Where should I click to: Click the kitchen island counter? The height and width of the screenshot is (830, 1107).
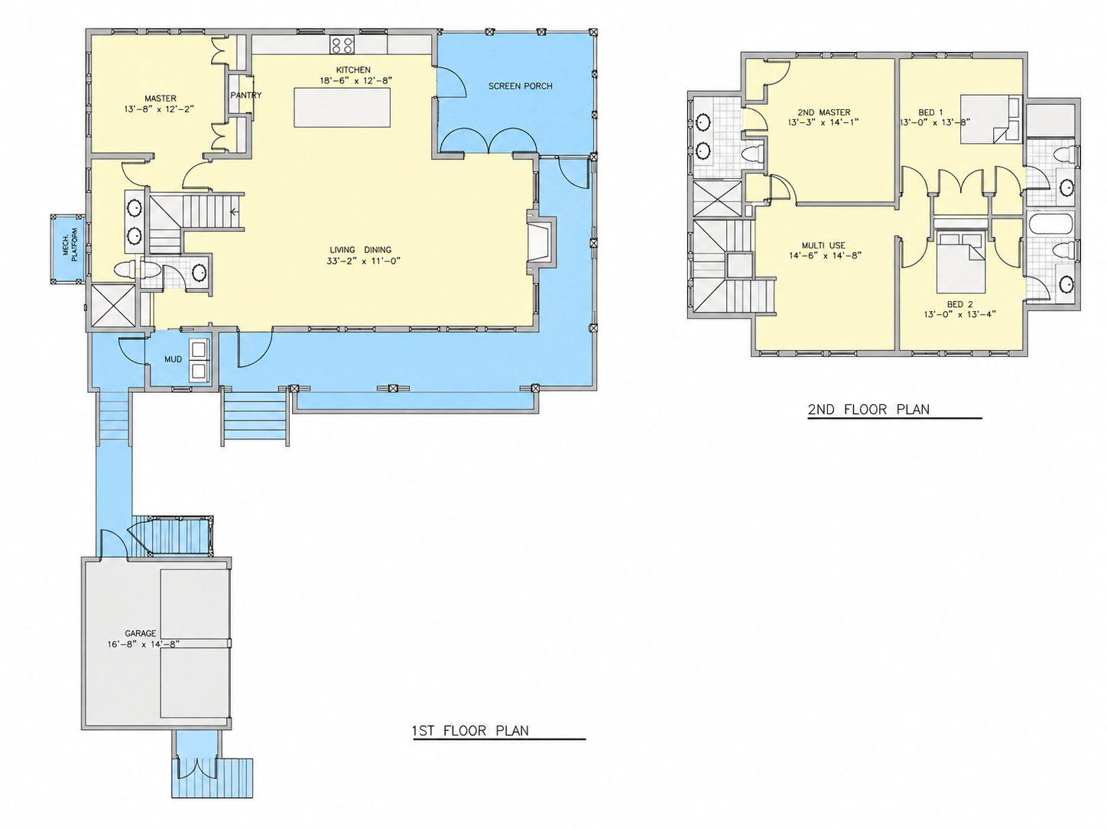click(342, 107)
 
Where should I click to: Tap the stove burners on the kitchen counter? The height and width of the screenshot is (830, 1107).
click(342, 45)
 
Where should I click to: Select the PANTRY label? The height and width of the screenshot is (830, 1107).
click(245, 96)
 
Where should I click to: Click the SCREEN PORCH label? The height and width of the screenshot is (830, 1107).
click(520, 86)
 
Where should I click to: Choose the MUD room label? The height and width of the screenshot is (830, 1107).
click(173, 359)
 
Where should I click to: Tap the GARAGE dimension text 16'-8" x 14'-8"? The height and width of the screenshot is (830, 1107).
click(143, 644)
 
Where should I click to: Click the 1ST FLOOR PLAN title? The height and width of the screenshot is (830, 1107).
click(470, 730)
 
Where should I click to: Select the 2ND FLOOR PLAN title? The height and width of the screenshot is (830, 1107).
click(868, 409)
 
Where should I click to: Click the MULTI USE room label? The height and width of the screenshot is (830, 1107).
click(823, 245)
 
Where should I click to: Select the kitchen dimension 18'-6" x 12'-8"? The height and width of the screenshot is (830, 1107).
click(355, 80)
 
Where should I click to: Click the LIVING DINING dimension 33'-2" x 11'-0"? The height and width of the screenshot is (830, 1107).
click(363, 261)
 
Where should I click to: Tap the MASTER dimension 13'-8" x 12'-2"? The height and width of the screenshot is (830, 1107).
click(159, 109)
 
